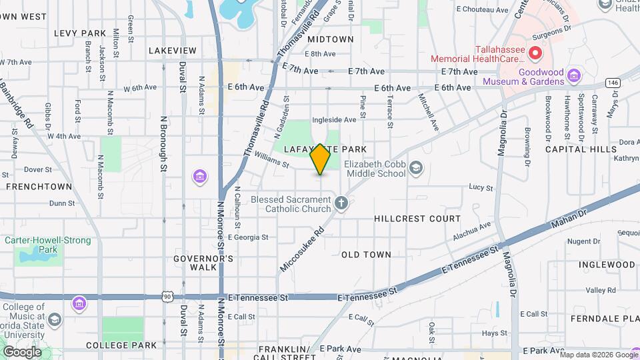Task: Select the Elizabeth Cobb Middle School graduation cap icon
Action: coord(417,167)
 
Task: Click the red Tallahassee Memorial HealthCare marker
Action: coord(535,53)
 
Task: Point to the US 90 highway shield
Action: coord(167,295)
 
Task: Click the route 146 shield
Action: coord(613,82)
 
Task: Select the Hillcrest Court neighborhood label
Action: coord(417,219)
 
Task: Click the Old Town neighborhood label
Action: coord(366,255)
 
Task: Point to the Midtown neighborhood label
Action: coord(331,39)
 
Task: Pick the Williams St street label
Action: coord(271,159)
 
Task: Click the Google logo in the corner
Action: coord(22,352)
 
